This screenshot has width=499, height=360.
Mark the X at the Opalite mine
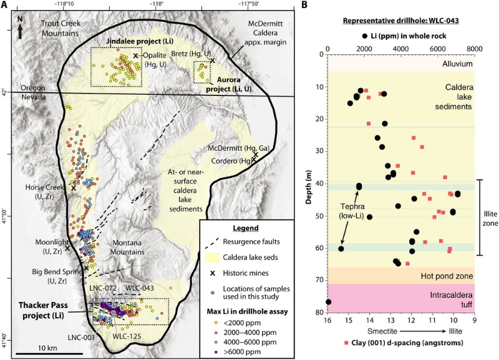tap(135, 56)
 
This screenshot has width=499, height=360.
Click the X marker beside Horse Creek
tap(73, 187)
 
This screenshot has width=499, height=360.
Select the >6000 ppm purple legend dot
tap(211, 351)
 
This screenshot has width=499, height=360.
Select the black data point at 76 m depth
tap(328, 302)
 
